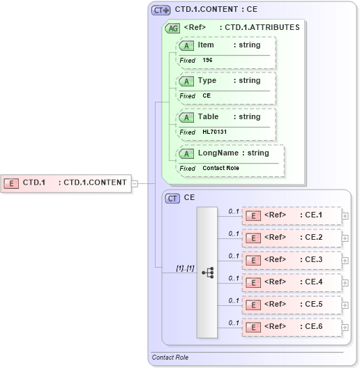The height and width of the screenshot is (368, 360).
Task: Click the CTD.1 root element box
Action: [x=67, y=183]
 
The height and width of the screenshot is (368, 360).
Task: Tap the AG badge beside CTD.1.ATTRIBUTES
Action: [x=172, y=29]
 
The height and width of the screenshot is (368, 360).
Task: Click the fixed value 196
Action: [x=208, y=61]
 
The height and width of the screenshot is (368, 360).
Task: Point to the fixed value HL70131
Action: [x=214, y=132]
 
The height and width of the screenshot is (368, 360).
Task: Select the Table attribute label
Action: [x=208, y=117]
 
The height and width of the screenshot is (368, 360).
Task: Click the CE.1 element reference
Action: [x=292, y=215]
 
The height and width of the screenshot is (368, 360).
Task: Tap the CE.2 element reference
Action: [x=292, y=238]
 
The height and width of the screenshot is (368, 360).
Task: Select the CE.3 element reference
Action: [x=292, y=260]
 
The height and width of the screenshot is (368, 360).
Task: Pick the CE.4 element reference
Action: [x=292, y=282]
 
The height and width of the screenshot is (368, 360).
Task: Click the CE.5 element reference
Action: [x=292, y=305]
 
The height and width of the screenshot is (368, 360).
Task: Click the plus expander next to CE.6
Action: [x=345, y=327]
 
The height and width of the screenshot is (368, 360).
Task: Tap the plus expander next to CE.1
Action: [x=345, y=215]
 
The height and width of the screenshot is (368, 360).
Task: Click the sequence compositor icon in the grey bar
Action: [x=208, y=273]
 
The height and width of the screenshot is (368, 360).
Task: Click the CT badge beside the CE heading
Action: [x=172, y=199]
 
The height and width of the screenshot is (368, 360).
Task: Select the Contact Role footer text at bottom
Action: [x=170, y=358]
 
